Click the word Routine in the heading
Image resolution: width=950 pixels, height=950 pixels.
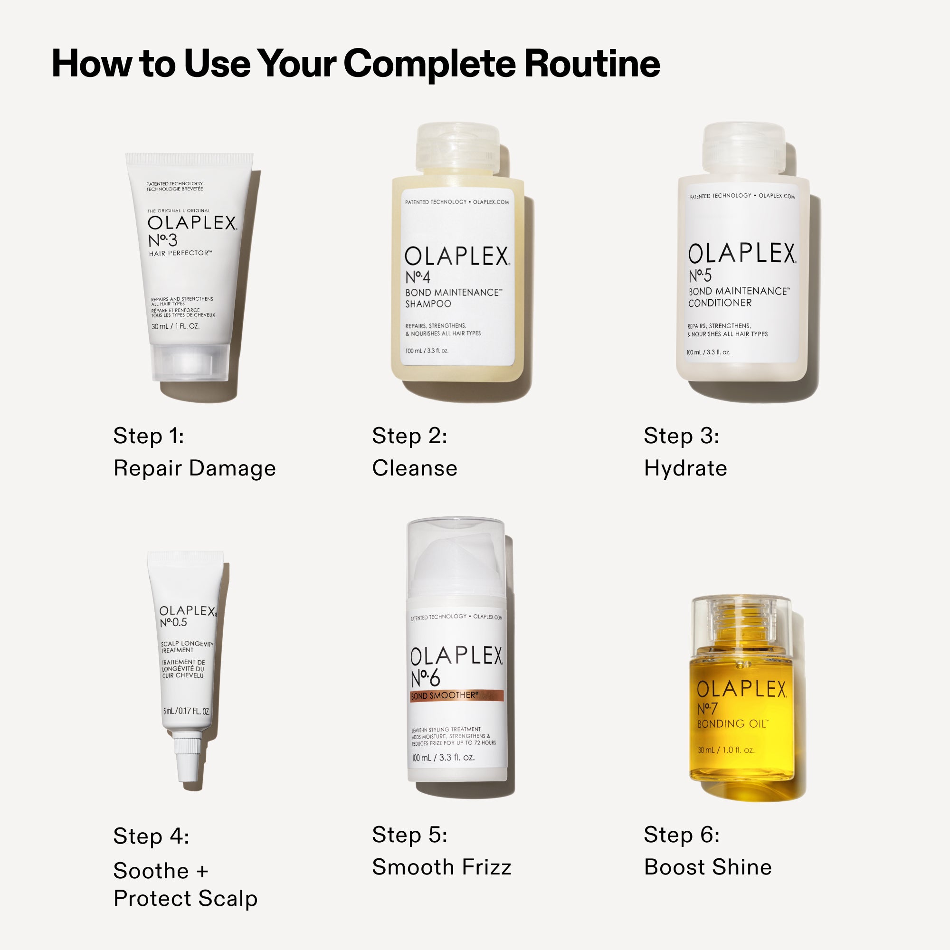point(592,64)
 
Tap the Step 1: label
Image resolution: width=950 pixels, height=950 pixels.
point(149,436)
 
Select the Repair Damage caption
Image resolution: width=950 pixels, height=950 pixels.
point(194,468)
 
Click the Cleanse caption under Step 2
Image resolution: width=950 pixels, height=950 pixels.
point(415,468)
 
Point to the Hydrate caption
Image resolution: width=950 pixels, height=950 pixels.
point(685,468)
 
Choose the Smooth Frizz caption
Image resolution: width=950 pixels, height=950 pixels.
point(442,867)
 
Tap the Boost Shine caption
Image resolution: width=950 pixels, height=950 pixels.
point(708,867)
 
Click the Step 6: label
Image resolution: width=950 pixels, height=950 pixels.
point(682,835)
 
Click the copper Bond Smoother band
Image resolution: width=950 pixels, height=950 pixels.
point(456,696)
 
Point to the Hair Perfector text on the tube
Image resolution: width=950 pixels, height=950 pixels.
point(180,253)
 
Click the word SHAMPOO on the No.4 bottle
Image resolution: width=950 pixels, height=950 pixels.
point(428,304)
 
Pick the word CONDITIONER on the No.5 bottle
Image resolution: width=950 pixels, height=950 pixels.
point(720,303)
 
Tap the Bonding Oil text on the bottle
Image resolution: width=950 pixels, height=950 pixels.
point(731,724)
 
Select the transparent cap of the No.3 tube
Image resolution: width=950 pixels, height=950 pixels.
point(190,361)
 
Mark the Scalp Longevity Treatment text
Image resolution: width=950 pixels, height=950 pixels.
point(187,647)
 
